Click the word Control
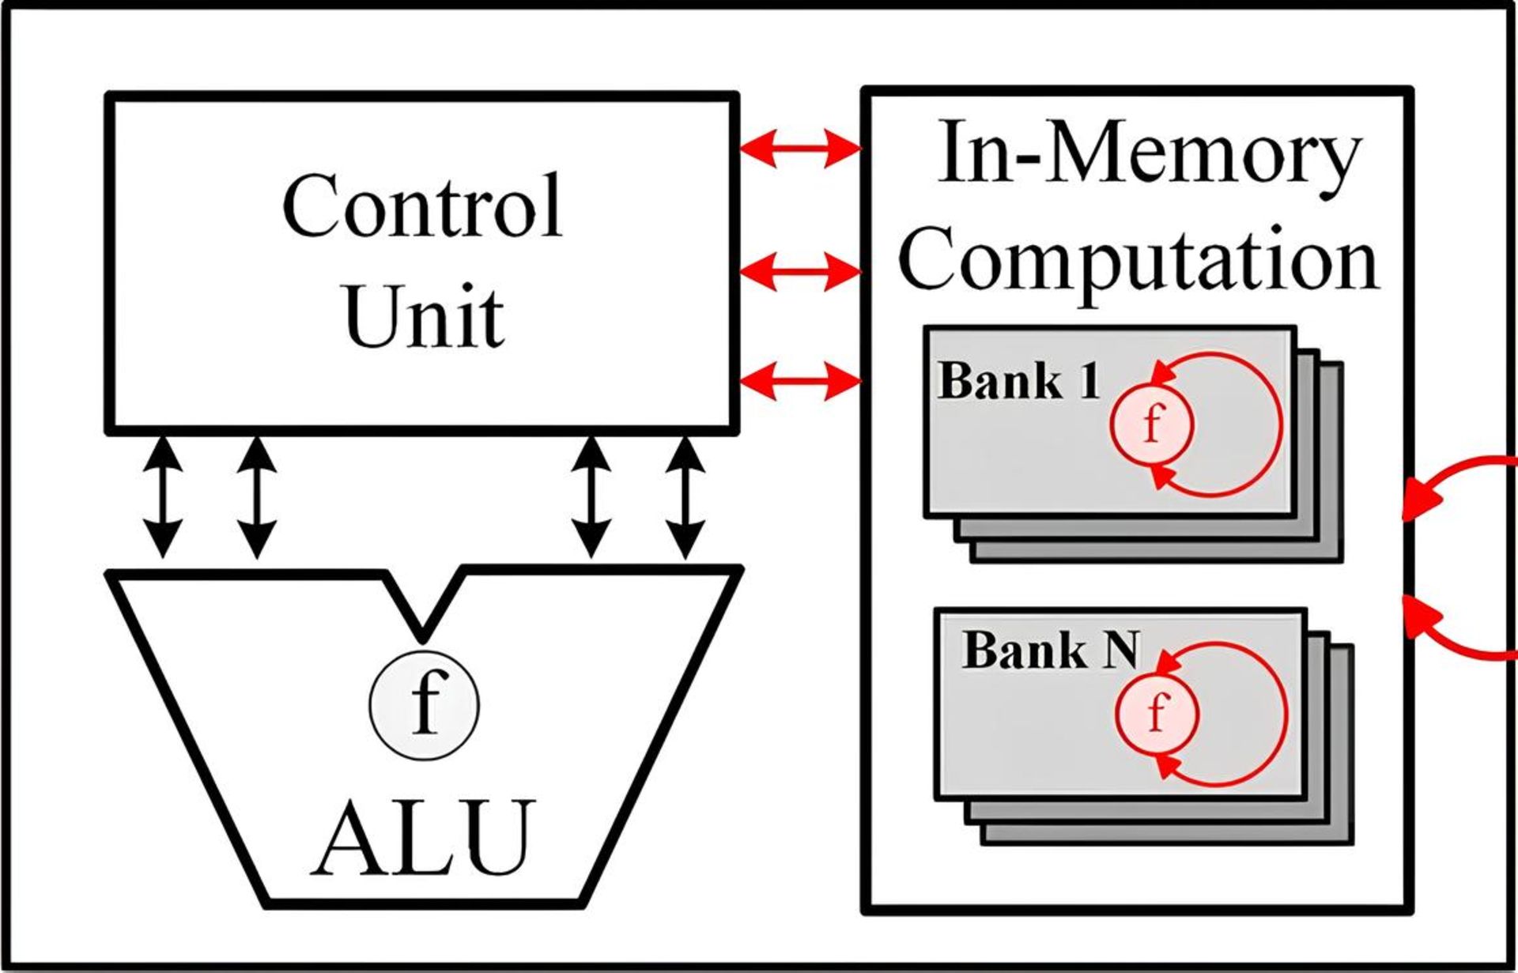(x=421, y=206)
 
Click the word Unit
(x=425, y=317)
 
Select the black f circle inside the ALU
(x=425, y=703)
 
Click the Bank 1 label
(x=1018, y=381)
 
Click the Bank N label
(x=1050, y=651)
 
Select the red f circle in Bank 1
(x=1152, y=425)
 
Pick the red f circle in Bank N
(x=1157, y=713)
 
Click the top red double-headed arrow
(x=800, y=148)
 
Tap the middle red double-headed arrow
(x=800, y=273)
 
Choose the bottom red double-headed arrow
(x=800, y=383)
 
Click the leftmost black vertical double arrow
(x=163, y=496)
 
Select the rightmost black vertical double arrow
(x=685, y=496)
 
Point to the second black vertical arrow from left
(x=257, y=496)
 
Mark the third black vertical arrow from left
(x=591, y=496)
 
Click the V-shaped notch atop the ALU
(x=423, y=609)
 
